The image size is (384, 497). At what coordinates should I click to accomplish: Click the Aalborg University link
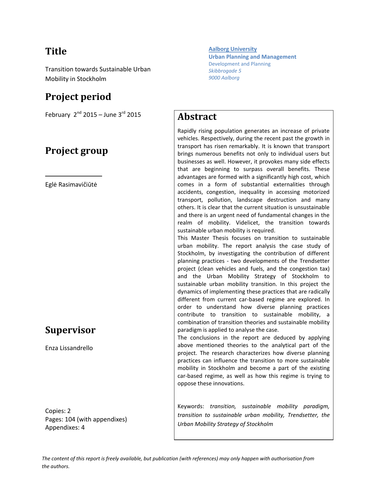tap(233, 49)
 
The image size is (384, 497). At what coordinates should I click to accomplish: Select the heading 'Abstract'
tap(197, 117)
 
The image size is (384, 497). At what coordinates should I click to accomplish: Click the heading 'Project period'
tap(78, 97)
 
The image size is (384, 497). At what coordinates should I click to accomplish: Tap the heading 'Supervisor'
tap(70, 330)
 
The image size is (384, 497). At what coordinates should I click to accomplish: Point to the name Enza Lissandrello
tap(69, 348)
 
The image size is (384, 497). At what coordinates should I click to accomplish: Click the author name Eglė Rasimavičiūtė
tap(71, 185)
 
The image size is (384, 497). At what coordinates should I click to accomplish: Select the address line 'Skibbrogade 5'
tap(225, 71)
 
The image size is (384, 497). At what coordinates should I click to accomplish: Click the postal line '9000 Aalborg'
tap(224, 78)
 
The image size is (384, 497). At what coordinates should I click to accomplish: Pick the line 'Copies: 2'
tap(58, 411)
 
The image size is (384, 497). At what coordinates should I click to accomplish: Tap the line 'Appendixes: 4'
tap(65, 427)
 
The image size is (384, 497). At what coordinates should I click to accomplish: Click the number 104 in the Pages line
tap(70, 419)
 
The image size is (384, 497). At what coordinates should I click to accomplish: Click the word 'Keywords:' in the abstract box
tap(191, 406)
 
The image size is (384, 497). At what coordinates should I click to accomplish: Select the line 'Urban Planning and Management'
tap(252, 57)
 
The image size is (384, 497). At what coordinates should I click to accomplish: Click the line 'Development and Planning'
tap(239, 64)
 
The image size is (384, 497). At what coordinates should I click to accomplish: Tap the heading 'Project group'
tap(76, 151)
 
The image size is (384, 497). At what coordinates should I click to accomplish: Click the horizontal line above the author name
tap(73, 176)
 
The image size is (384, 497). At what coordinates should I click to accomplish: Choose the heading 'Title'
tap(56, 51)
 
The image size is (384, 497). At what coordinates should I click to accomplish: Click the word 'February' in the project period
tap(58, 115)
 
